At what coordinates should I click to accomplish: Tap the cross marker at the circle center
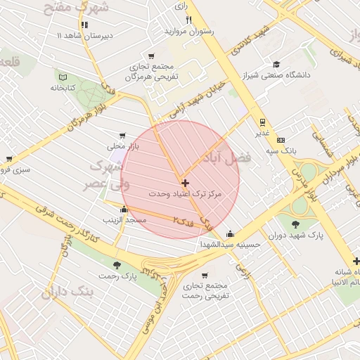click(x=185, y=183)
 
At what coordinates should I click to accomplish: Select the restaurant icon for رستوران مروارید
click(x=188, y=20)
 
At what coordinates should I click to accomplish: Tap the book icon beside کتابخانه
click(x=63, y=77)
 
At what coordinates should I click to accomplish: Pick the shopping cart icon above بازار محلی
click(x=123, y=135)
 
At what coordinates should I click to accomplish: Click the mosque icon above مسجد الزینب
click(x=124, y=209)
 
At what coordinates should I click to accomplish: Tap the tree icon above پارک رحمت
click(x=116, y=266)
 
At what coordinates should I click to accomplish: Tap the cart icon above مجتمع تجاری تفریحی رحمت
click(x=205, y=276)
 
